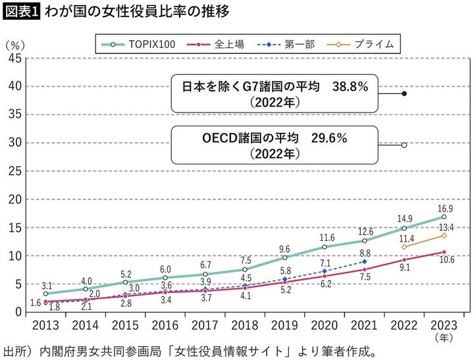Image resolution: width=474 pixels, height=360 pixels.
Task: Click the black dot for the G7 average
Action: tap(404, 93)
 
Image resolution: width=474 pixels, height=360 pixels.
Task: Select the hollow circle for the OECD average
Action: tap(404, 145)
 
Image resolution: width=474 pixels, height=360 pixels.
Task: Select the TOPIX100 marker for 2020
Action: tap(325, 247)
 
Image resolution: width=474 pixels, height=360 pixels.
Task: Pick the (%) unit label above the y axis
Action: tap(15, 45)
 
